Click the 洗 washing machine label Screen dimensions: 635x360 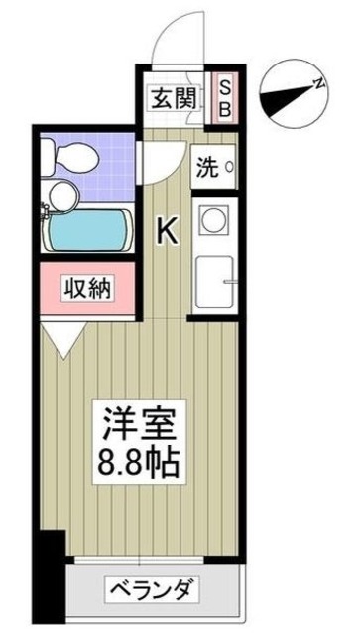click(206, 166)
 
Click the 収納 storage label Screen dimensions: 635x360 click(88, 289)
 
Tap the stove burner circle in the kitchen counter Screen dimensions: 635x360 click(215, 219)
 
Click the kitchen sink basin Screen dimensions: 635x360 click(214, 284)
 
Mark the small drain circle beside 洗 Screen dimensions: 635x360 click(230, 167)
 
